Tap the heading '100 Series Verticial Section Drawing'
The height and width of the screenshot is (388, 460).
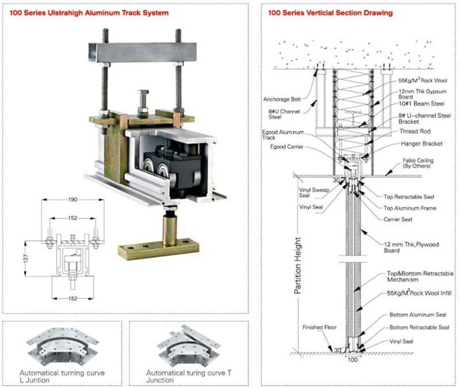tap(327, 12)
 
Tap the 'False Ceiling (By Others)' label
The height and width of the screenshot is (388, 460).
tap(417, 163)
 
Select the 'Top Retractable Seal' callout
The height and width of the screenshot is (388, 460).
tap(409, 197)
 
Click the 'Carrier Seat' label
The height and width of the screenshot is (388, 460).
tap(397, 219)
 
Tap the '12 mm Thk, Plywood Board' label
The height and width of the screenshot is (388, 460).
tap(412, 248)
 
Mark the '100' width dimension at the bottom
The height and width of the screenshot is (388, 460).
tap(352, 360)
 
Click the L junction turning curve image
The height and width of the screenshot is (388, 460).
tap(62, 345)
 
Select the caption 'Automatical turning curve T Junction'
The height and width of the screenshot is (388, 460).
tap(188, 376)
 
